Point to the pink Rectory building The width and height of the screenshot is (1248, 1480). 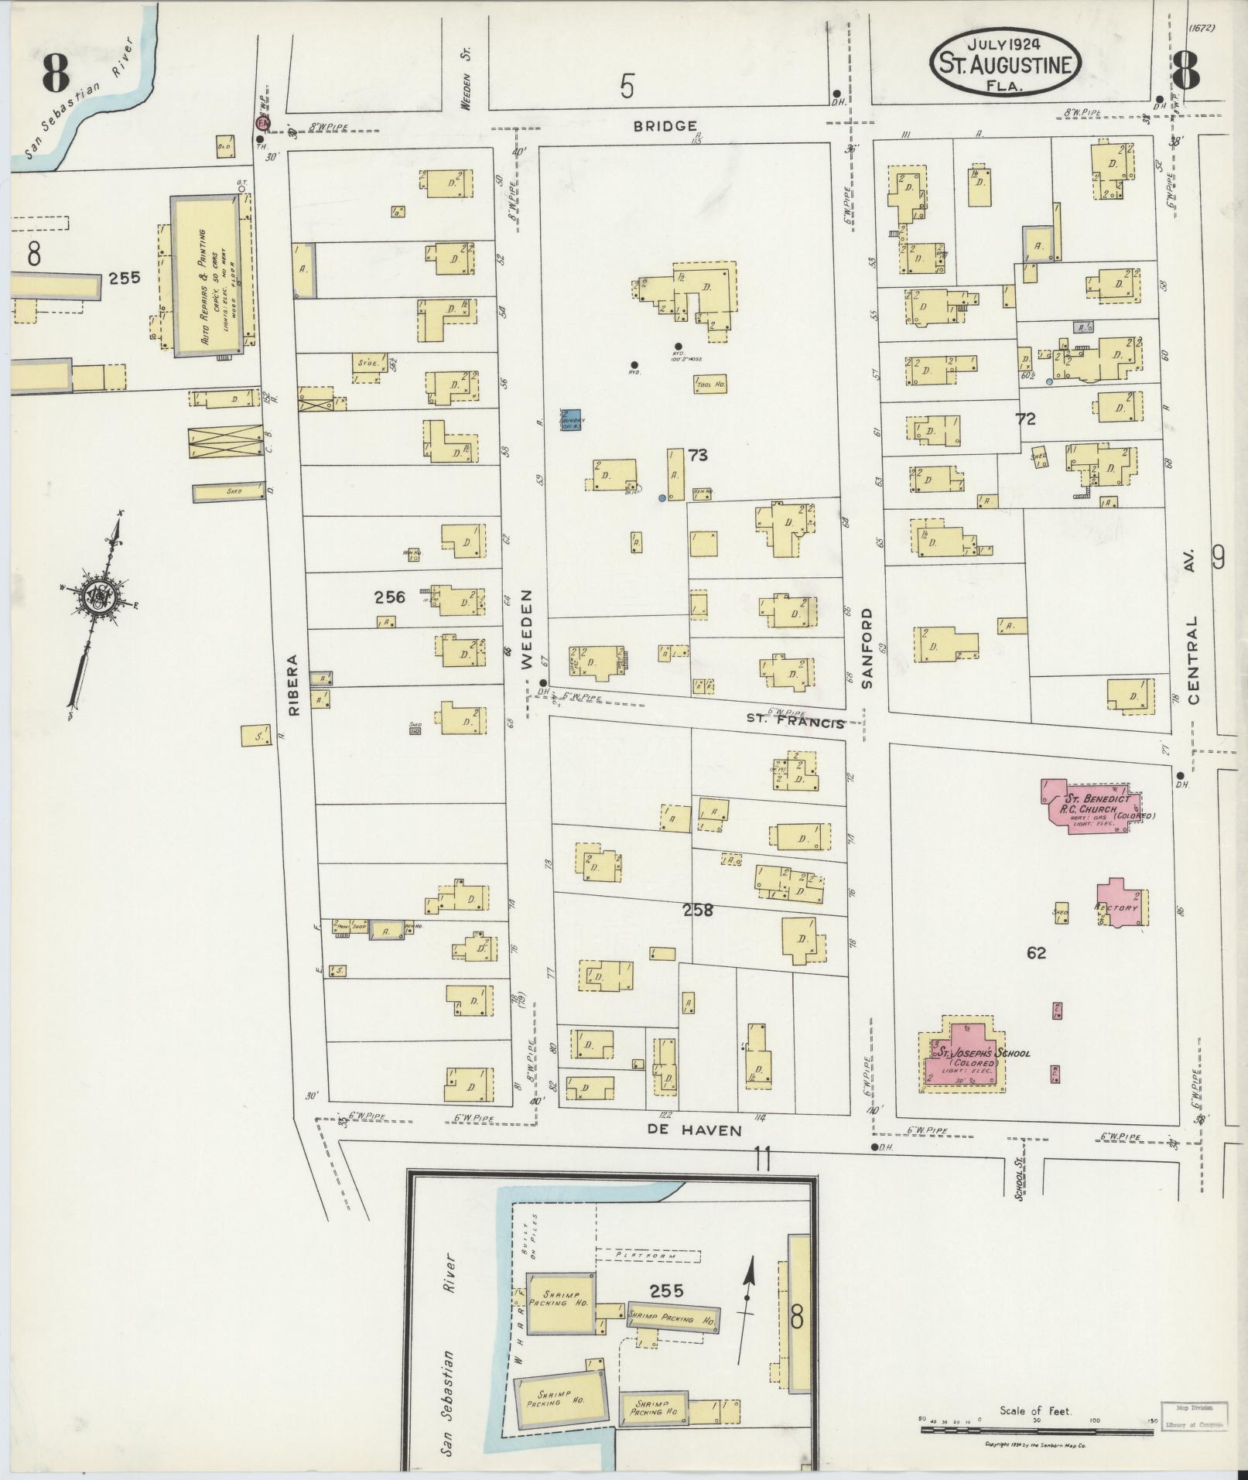1121,903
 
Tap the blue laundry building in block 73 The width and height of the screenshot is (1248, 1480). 572,419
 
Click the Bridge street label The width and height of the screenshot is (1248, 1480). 665,125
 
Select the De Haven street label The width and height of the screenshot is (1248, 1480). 694,1130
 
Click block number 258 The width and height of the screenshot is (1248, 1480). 697,911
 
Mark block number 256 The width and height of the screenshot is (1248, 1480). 390,596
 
